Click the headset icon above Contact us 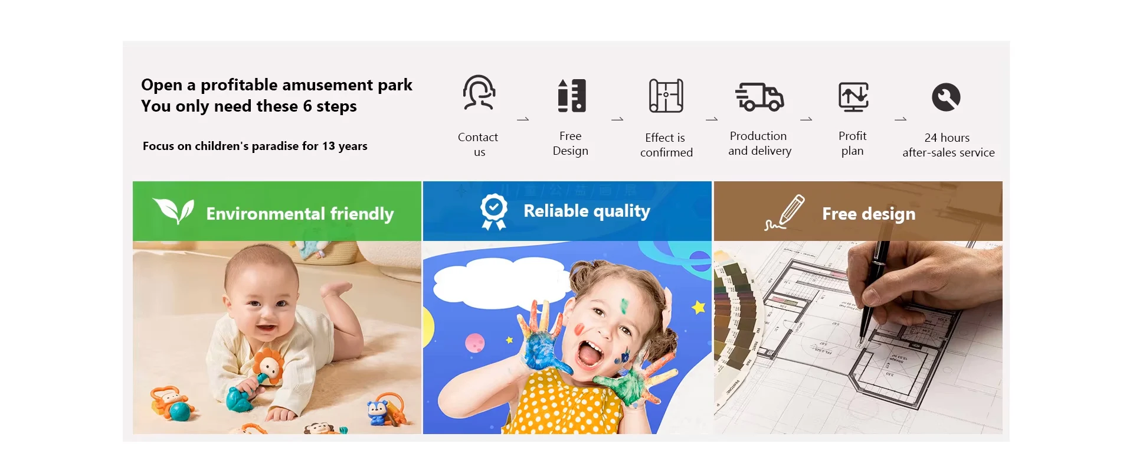click(479, 92)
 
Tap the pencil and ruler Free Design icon click(572, 95)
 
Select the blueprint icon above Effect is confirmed click(666, 95)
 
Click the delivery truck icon click(759, 97)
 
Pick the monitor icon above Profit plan click(853, 97)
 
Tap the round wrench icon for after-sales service click(946, 97)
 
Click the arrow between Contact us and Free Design click(523, 119)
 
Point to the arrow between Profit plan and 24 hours click(900, 119)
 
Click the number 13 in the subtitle click(328, 146)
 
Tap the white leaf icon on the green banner click(173, 210)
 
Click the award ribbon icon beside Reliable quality click(493, 211)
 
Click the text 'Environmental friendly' click(300, 213)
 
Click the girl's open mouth click(590, 355)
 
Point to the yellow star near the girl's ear click(699, 307)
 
